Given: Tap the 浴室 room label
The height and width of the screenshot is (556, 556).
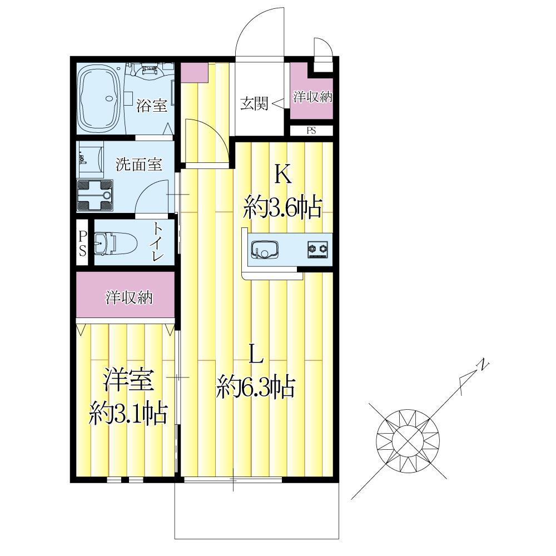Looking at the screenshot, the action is point(152,106).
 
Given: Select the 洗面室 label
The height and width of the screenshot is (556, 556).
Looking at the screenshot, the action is point(139,164).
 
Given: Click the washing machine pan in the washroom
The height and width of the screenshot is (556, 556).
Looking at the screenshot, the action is point(95,195).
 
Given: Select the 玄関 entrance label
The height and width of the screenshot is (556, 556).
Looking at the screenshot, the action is point(254,103).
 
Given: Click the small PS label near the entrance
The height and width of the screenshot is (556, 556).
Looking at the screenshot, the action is point(311,131).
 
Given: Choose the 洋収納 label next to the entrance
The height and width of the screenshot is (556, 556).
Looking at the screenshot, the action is point(312,97).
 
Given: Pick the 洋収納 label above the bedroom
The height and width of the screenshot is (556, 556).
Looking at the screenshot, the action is point(129,297).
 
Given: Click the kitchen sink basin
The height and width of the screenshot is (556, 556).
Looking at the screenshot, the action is point(265,249).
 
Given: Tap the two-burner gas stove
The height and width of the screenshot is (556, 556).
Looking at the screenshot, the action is point(317,249).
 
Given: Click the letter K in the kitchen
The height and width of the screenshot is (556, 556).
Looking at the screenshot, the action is point(284,175).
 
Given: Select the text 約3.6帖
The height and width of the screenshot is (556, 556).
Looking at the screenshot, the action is point(282,207).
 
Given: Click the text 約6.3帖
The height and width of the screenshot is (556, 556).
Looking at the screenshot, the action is point(256,386).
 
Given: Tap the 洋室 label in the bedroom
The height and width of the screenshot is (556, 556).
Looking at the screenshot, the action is point(128,380).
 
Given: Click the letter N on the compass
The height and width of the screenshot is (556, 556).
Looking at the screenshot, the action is point(483,365).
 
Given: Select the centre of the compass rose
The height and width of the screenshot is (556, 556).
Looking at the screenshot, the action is point(408,440).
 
